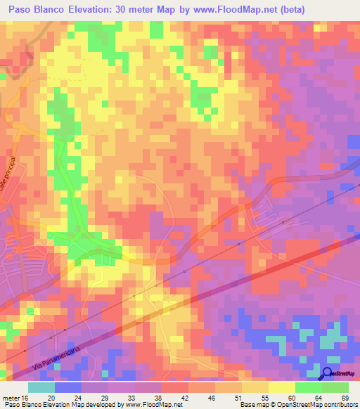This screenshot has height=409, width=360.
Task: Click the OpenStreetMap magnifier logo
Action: (328, 374)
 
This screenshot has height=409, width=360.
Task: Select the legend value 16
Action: (25, 398)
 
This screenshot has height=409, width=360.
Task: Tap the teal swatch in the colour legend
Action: (41, 387)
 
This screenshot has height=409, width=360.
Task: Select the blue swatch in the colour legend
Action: (68, 387)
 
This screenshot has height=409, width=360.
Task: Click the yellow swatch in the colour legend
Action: (282, 387)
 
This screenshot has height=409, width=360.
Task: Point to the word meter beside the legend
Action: (11, 398)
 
